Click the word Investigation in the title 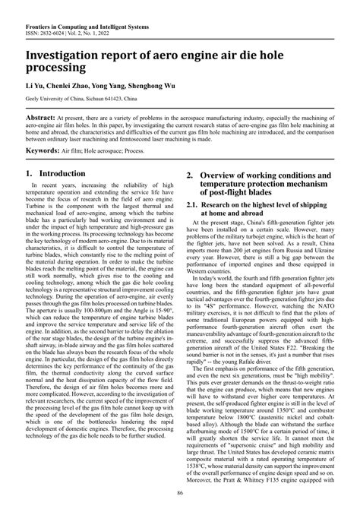[x=69, y=56]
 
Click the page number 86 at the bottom [x=180, y=496]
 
